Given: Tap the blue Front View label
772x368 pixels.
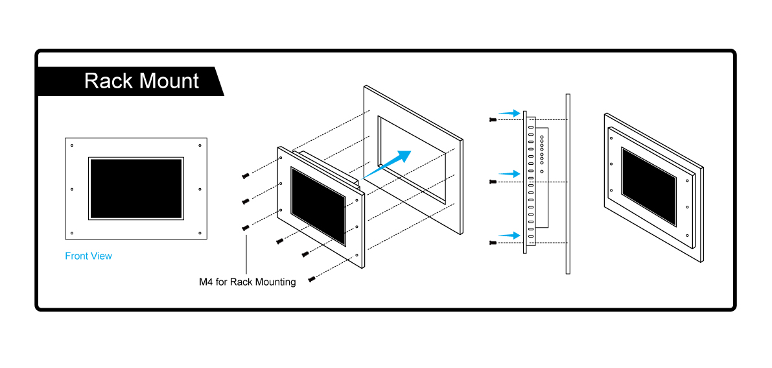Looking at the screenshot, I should [x=89, y=256].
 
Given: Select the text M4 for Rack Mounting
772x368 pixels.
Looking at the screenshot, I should [x=248, y=282].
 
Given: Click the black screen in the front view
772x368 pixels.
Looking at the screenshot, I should [x=136, y=188].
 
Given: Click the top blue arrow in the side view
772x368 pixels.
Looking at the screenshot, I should [x=511, y=113].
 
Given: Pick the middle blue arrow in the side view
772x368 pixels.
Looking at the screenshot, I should [x=511, y=173].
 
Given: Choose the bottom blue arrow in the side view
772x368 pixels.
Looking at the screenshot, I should [x=511, y=234].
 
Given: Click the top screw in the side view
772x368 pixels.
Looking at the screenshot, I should [x=493, y=120].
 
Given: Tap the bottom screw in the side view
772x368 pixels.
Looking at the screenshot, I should [x=493, y=243].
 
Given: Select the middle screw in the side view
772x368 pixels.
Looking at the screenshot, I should [x=493, y=182].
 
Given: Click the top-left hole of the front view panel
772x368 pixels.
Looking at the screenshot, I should [x=71, y=145].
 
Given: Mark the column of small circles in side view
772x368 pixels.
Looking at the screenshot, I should [x=542, y=154].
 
